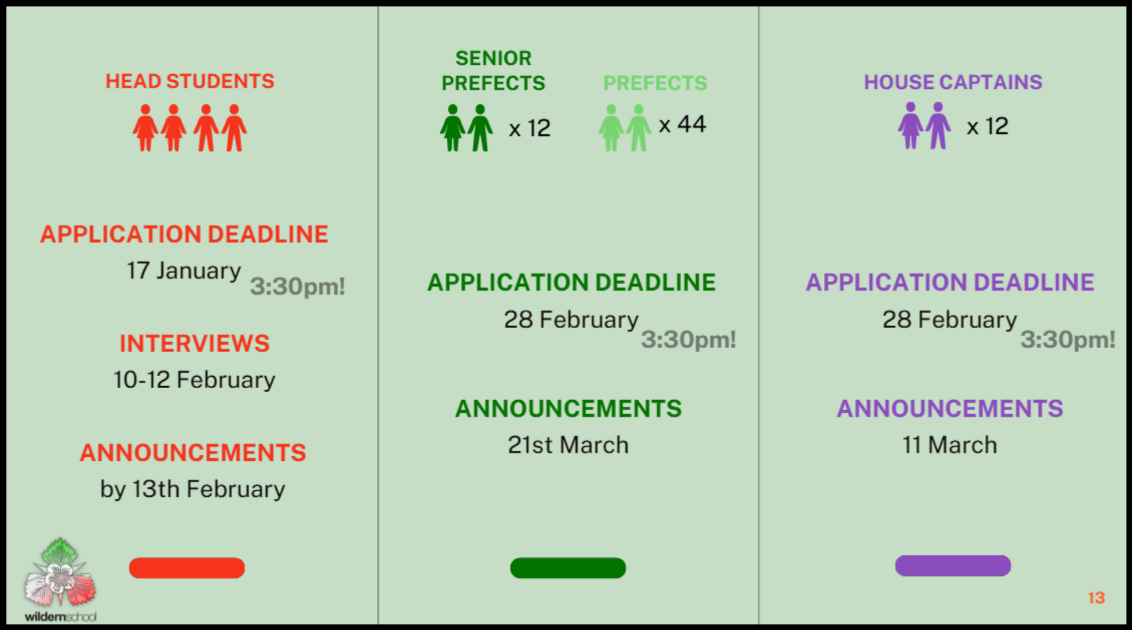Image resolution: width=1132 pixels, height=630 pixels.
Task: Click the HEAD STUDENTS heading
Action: tap(190, 82)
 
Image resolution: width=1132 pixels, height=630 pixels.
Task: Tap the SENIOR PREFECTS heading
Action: tap(493, 71)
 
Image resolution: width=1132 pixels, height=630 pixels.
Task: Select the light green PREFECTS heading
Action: tap(655, 84)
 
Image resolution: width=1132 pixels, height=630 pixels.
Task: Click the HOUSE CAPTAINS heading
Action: tap(953, 82)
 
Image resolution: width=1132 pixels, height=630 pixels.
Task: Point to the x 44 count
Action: tap(682, 124)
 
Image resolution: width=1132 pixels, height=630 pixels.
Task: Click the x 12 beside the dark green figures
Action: tap(529, 128)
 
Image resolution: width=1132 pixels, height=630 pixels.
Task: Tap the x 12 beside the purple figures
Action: tap(987, 126)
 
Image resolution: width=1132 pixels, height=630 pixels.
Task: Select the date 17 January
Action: tap(184, 271)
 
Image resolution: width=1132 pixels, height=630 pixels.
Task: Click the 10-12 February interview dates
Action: tap(194, 380)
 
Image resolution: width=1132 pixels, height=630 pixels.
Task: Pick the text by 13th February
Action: tap(192, 489)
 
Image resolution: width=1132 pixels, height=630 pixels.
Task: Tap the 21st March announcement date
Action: tap(568, 445)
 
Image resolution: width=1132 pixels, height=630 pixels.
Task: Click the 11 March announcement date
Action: tap(950, 445)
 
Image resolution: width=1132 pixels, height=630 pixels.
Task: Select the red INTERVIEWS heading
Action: tap(194, 343)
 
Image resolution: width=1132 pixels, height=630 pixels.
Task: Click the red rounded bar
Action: tap(187, 568)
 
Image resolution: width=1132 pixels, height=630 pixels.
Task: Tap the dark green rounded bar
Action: tap(568, 568)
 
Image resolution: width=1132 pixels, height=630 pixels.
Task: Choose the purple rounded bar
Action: tap(953, 565)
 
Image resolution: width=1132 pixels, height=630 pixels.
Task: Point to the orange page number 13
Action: tap(1096, 598)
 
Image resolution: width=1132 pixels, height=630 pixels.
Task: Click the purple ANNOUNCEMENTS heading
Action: tap(950, 409)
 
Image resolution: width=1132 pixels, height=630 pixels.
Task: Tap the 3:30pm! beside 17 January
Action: tap(297, 287)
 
